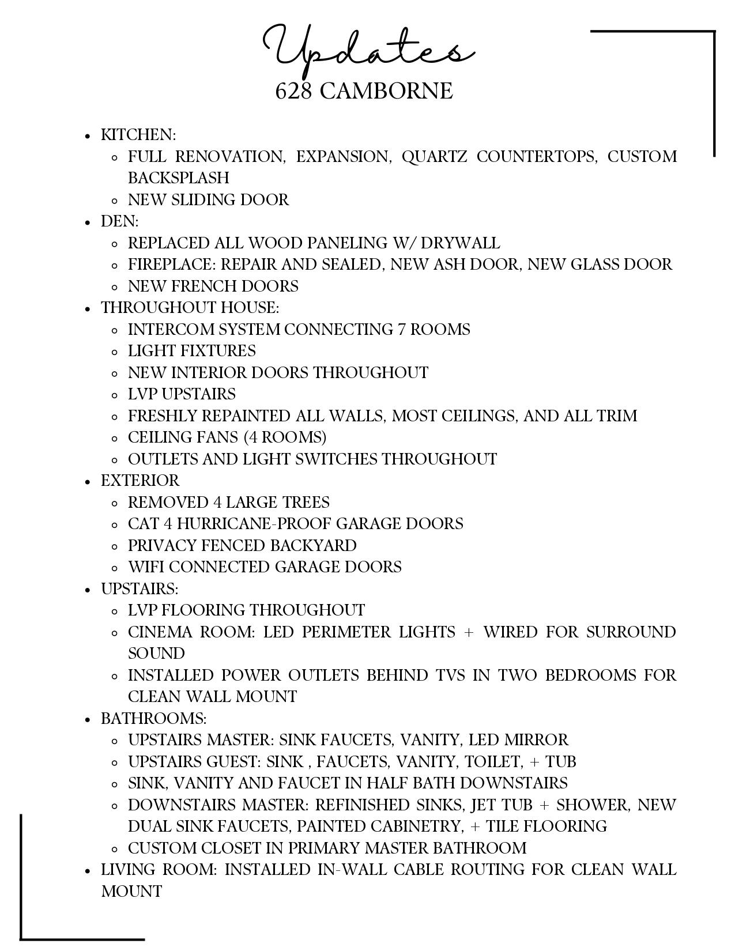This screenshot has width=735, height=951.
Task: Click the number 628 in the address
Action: pos(293,91)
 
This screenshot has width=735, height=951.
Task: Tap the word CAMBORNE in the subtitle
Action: pos(386,91)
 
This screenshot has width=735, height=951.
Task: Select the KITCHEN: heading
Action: pos(138,135)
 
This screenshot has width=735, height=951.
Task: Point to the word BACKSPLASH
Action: pos(179,178)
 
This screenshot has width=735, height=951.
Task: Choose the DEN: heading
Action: pos(120,221)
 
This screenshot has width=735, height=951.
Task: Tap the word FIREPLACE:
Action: pos(172,265)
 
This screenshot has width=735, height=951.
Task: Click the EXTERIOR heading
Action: pos(140,481)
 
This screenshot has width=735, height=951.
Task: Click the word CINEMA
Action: pos(160,632)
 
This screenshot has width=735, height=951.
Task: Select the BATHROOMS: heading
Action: pos(153,719)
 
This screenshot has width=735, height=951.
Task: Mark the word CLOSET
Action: pos(229,848)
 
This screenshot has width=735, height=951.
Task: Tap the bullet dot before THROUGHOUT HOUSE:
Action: pos(88,309)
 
